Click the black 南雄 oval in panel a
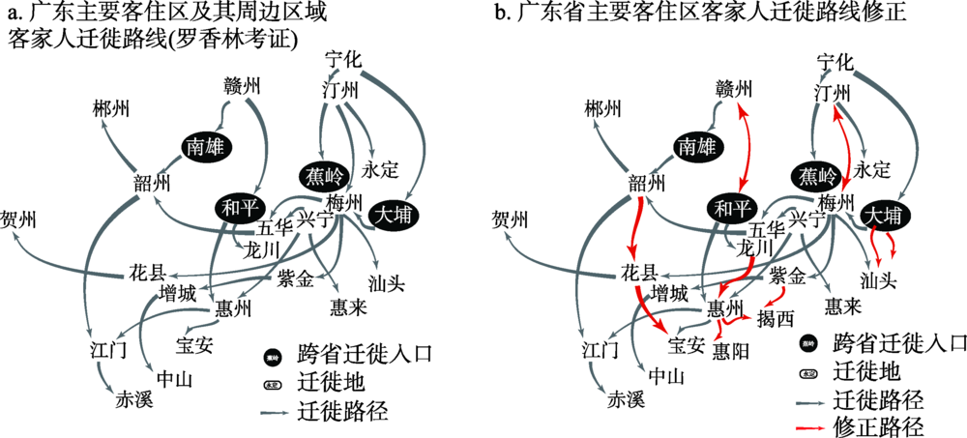tap(208, 146)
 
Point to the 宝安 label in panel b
tap(688, 342)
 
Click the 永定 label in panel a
tap(380, 169)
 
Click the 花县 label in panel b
tap(638, 273)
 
